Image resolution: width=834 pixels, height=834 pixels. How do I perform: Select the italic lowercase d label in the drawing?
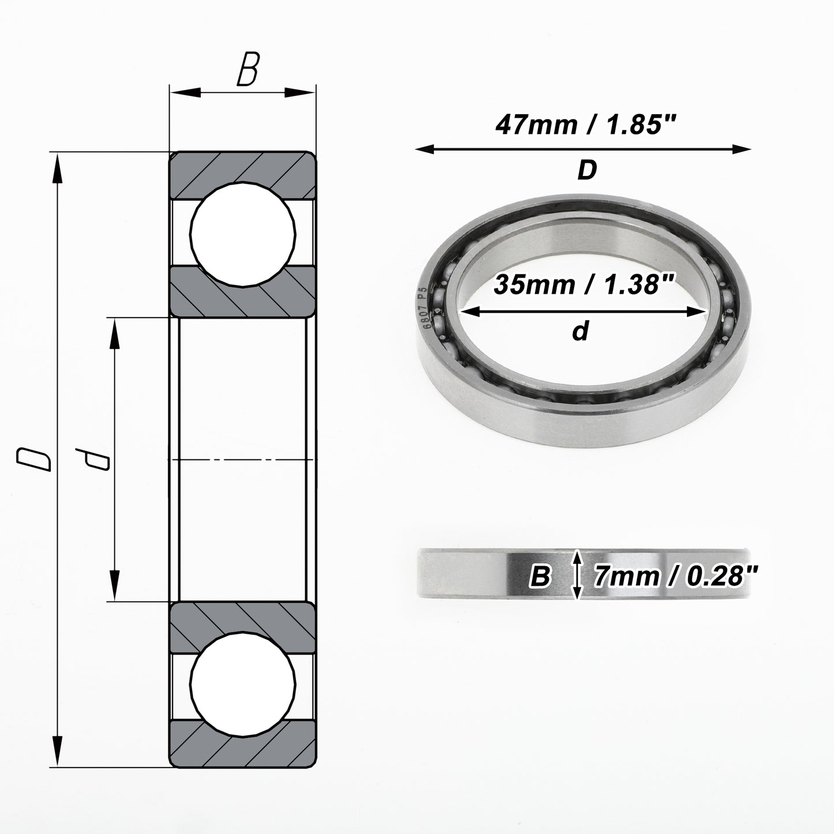tap(92, 459)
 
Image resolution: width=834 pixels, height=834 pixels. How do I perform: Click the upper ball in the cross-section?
tap(243, 234)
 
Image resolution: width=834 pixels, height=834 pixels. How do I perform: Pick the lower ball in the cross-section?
tap(243, 685)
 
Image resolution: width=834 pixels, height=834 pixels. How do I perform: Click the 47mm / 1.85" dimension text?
tap(586, 125)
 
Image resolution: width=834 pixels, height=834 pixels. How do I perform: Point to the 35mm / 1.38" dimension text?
tap(584, 285)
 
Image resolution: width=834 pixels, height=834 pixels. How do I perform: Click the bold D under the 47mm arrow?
tap(588, 170)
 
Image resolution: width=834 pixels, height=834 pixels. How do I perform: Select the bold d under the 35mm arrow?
tap(581, 331)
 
